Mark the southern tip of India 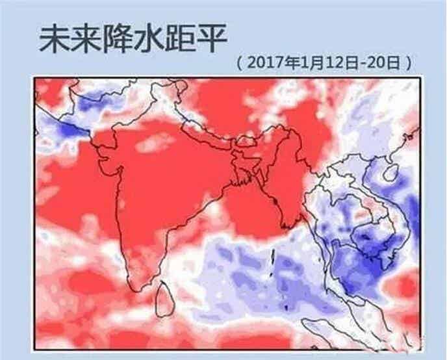tap(137, 286)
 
